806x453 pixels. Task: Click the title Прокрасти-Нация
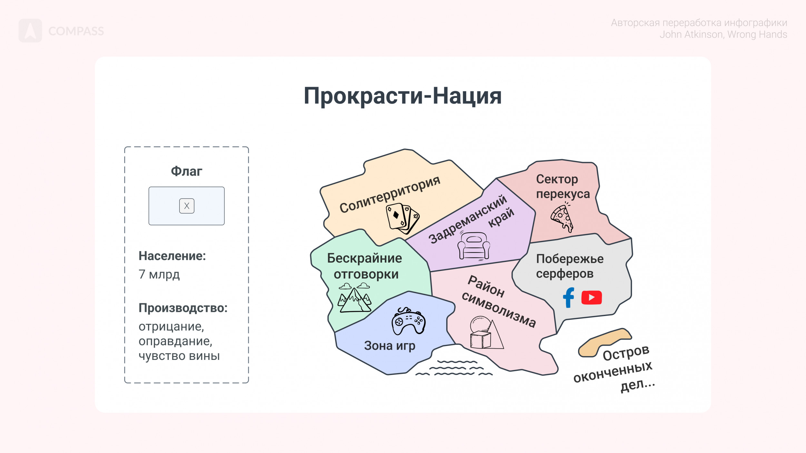tap(403, 96)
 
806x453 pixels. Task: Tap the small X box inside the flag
tap(187, 206)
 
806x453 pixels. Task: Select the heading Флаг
tap(186, 171)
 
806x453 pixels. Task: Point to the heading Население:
tap(172, 256)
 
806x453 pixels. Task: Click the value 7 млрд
tap(159, 274)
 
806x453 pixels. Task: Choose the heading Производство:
tap(183, 308)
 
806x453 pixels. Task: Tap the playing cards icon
tap(403, 218)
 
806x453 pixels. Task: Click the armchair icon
tap(474, 246)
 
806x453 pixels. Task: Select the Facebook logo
tap(569, 297)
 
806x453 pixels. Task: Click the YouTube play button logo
tap(592, 297)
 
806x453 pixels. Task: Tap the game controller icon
tap(408, 321)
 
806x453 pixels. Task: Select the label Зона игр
tap(389, 346)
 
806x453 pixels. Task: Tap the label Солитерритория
tap(390, 195)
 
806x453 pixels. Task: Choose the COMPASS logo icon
tap(30, 31)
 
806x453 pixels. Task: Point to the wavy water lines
tap(454, 368)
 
